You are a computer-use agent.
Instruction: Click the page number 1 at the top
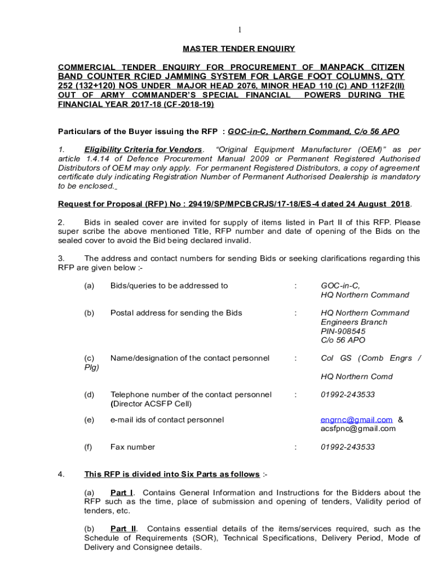click(x=239, y=30)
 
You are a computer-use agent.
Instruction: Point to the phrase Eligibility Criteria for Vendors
click(x=143, y=149)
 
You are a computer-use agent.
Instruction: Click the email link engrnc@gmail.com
click(x=356, y=420)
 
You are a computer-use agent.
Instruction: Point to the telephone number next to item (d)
click(x=347, y=394)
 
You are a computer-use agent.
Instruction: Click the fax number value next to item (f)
click(x=347, y=447)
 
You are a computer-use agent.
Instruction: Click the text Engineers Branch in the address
click(x=353, y=322)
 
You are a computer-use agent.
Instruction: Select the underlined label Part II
click(x=123, y=529)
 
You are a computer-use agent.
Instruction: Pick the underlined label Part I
click(x=121, y=492)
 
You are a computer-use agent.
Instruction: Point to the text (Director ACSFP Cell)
click(x=151, y=403)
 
